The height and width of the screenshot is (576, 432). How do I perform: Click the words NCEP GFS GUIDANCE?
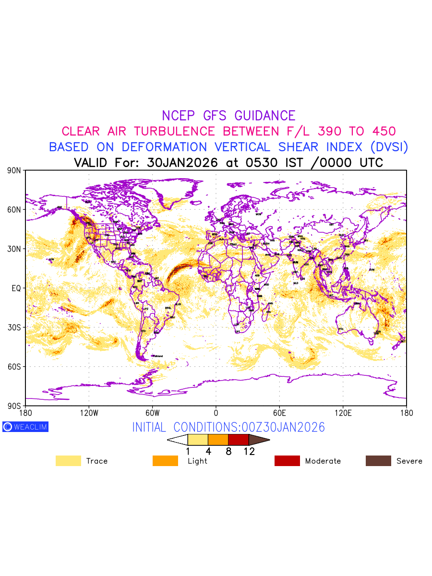228,116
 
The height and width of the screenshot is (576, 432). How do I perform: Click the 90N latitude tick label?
14,170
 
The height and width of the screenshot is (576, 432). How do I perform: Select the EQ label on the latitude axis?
16,288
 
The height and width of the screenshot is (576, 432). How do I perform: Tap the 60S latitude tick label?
14,367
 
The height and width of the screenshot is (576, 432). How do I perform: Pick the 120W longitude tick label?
89,413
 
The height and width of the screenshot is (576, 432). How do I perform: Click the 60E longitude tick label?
279,413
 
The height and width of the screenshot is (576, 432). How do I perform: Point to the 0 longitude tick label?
216,413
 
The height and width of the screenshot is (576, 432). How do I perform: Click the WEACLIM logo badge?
25,427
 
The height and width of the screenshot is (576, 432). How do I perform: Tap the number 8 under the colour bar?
228,451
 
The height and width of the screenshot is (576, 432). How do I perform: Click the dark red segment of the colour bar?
238,439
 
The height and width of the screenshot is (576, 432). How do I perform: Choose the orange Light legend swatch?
165,461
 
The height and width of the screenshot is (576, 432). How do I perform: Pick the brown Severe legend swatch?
378,461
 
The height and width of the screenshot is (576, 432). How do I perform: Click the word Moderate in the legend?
323,461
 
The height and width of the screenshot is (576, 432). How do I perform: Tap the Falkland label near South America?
157,356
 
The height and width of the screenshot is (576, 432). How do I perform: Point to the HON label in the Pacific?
51,260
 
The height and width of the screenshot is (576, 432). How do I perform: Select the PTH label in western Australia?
341,329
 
